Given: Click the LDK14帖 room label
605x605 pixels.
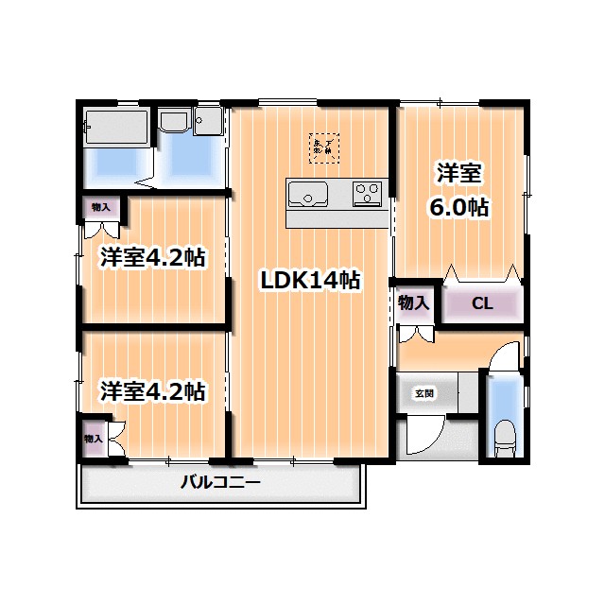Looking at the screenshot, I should [x=310, y=280].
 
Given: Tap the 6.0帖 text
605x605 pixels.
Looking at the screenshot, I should [x=459, y=208].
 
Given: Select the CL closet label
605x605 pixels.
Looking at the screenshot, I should [x=482, y=303].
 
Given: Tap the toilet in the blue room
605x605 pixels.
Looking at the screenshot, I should [x=505, y=438].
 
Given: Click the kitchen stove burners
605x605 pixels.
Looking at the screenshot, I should [x=367, y=194].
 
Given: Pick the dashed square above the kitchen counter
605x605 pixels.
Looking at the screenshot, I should [x=325, y=147].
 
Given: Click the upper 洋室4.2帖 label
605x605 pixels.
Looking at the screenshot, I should [x=153, y=257].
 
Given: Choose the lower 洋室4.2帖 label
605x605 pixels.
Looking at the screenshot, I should [x=153, y=389].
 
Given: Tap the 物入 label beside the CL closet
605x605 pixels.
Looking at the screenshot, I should [x=414, y=303].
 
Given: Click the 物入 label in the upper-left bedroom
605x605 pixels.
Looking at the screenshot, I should [x=101, y=207].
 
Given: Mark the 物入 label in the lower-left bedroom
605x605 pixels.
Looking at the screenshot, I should [x=93, y=439].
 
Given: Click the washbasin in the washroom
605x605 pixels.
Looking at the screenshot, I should [x=174, y=123].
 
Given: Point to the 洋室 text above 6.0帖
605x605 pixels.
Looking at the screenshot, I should [x=459, y=174].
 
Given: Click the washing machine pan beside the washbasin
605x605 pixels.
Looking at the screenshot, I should [x=208, y=123].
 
